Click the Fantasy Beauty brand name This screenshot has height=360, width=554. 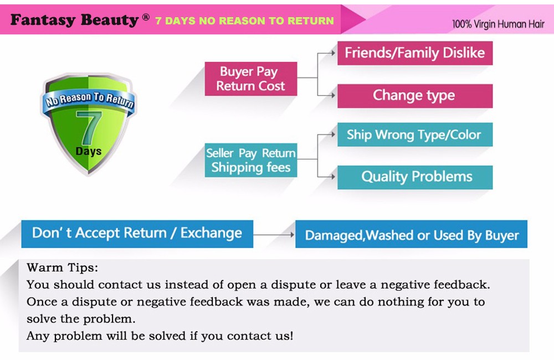(74, 20)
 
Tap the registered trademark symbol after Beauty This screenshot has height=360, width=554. (146, 17)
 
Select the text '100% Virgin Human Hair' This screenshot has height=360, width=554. (498, 24)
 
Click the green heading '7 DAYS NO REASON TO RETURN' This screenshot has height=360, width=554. (244, 21)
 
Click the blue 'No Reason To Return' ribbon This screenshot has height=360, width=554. (89, 100)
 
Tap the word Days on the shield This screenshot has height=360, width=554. (88, 152)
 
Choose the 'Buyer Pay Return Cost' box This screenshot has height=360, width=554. (251, 79)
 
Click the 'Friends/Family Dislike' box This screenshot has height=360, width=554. (415, 53)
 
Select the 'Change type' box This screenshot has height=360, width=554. (415, 96)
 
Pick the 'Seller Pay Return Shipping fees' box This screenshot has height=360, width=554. (251, 160)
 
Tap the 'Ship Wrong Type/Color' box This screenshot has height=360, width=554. (415, 135)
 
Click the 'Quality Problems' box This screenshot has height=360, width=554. (415, 177)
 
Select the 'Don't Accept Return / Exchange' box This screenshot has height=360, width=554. (137, 234)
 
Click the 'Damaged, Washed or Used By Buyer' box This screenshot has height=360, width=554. (411, 234)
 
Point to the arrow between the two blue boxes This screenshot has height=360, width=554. (274, 235)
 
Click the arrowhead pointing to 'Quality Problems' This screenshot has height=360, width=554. (333, 177)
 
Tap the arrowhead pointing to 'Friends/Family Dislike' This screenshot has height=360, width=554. (333, 53)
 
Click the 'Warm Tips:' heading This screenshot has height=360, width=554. (62, 268)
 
